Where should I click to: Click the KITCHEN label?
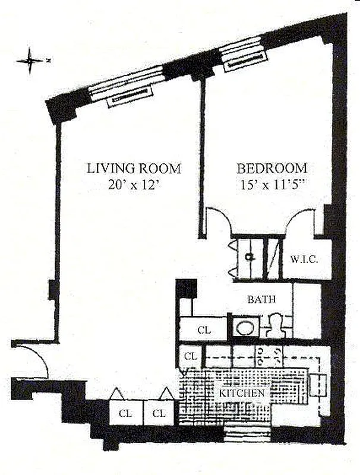click(x=241, y=393)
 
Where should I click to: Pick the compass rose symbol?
click(x=30, y=60)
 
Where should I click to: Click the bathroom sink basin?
click(x=244, y=328)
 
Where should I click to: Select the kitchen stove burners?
click(x=269, y=356)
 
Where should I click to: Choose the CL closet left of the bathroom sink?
click(x=203, y=330)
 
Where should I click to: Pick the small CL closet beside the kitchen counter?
click(x=190, y=357)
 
